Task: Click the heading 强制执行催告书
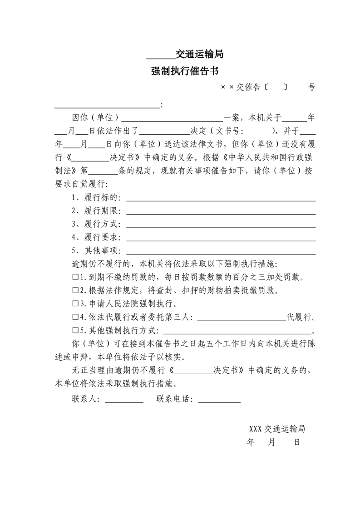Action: pyautogui.click(x=185, y=71)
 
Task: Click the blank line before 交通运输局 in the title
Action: pyautogui.click(x=161, y=56)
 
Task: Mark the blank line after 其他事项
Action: pyautogui.click(x=221, y=251)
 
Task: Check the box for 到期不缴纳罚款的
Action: pyautogui.click(x=75, y=277)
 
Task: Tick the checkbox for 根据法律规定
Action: pyautogui.click(x=75, y=290)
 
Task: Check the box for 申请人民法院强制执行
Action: pyautogui.click(x=75, y=303)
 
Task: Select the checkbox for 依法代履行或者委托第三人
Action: pyautogui.click(x=75, y=317)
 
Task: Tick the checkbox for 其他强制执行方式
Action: pyautogui.click(x=75, y=330)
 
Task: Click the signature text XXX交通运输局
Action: pyautogui.click(x=276, y=429)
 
